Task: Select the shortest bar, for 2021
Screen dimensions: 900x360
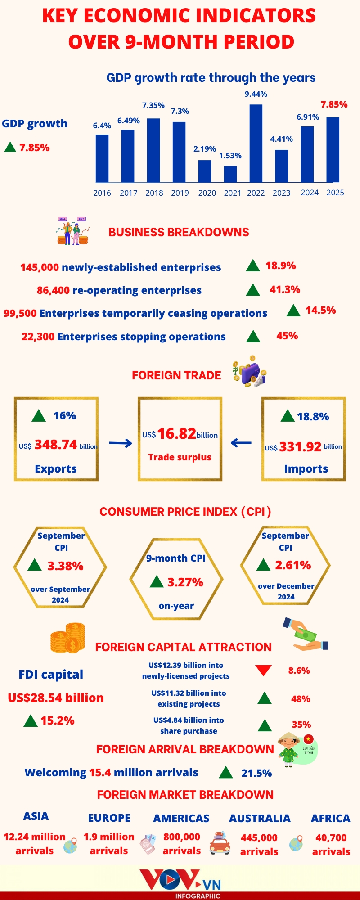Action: point(230,174)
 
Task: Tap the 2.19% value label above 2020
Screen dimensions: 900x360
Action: point(205,149)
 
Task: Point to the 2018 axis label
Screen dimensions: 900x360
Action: point(154,193)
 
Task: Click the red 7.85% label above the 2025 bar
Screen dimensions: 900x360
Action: point(334,104)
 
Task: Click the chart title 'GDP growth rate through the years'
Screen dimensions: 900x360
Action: point(211,78)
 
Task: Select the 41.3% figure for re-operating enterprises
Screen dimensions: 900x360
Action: point(285,289)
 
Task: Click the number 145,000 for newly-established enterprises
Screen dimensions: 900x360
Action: point(40,267)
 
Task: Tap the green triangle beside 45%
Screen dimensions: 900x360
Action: point(253,336)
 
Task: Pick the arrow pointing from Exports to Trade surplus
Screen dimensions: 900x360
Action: point(121,444)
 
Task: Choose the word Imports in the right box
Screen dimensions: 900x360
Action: point(306,469)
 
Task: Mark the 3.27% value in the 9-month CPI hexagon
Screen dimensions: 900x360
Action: point(185,582)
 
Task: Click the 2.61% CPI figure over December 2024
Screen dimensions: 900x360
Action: point(293,565)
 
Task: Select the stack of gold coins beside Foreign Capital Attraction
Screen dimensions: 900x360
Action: point(68,638)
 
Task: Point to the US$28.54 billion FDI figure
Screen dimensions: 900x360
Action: point(56,698)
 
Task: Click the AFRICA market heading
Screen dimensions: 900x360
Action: point(331,819)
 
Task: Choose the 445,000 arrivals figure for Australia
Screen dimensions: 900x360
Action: point(259,838)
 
